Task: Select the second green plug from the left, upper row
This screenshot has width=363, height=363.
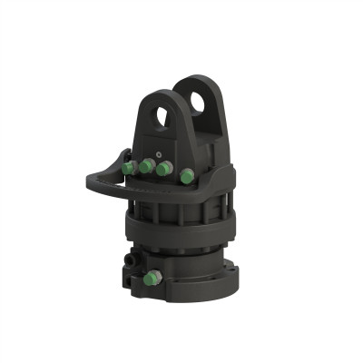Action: point(146,167)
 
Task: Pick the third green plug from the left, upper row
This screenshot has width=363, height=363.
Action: point(163,169)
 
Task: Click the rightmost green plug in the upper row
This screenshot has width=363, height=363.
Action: point(186,176)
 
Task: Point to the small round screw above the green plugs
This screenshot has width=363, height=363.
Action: point(161,152)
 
